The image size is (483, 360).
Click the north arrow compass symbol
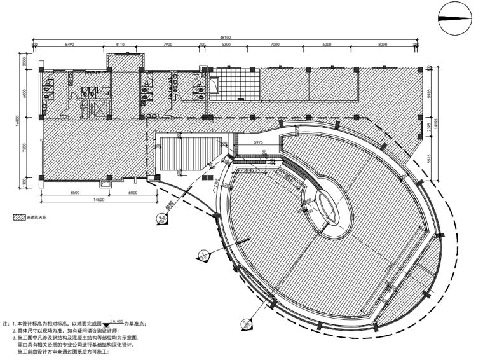point(456,18)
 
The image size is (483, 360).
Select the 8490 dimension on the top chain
point(71,46)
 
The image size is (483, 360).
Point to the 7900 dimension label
point(168,46)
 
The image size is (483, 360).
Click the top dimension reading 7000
point(275,46)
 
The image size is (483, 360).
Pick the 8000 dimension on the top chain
point(383,46)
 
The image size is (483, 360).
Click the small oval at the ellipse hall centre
point(325,206)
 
